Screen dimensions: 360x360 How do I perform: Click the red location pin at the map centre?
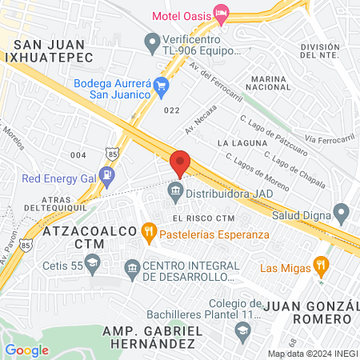(x=181, y=162)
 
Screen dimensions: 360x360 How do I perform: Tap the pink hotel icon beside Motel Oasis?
(x=222, y=14)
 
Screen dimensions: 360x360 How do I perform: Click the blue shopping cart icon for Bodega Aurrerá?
(x=162, y=86)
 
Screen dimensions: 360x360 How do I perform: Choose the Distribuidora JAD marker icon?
(x=174, y=193)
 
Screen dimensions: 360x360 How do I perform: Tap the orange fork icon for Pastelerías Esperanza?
(x=148, y=234)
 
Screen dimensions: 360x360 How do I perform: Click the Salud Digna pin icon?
(x=342, y=214)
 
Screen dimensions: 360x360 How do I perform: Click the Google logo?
(x=26, y=350)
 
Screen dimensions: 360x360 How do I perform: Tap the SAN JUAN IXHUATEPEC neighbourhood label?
(x=48, y=50)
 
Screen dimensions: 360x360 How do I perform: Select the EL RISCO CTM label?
(x=203, y=218)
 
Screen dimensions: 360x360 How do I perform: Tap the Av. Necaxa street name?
(x=202, y=120)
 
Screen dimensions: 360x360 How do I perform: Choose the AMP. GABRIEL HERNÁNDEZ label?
(x=150, y=336)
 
